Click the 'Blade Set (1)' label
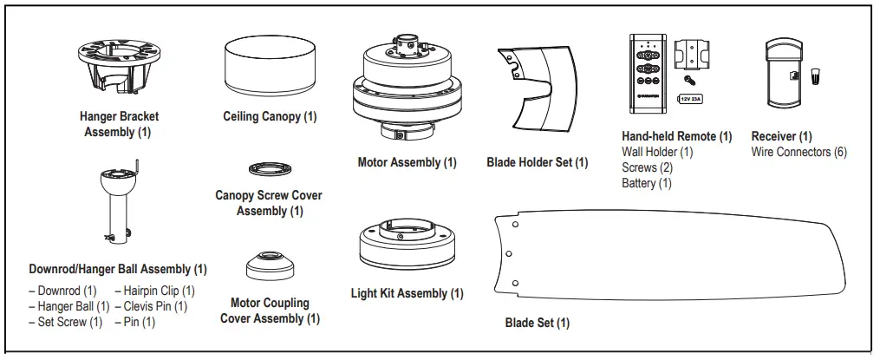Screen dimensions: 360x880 [x=538, y=324]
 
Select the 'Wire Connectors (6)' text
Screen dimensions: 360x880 [x=799, y=152]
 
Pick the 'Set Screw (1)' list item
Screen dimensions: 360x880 [x=65, y=322]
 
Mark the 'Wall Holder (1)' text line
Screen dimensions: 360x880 [x=657, y=152]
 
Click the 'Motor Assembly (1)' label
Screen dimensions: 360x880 [x=407, y=162]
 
